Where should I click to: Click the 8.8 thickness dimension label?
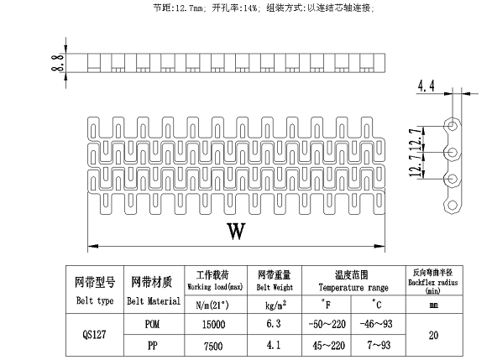(59, 62)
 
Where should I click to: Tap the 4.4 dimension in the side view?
(426, 86)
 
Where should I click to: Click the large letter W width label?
(236, 231)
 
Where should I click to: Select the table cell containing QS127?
(94, 335)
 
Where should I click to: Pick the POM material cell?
(153, 324)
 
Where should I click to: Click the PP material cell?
(153, 345)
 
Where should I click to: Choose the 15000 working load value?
(213, 324)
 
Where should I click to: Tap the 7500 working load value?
(213, 347)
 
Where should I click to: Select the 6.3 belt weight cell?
(274, 324)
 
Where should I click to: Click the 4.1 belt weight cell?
(274, 345)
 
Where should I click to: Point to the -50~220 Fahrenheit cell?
(327, 324)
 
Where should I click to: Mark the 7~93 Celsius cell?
(379, 345)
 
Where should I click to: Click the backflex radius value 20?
(433, 335)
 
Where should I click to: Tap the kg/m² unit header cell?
(275, 305)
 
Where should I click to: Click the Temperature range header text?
(353, 288)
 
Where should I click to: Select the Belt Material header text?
(154, 301)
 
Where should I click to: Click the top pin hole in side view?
(453, 125)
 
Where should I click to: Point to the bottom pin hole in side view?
(453, 205)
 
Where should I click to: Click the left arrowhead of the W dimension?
(92, 246)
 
